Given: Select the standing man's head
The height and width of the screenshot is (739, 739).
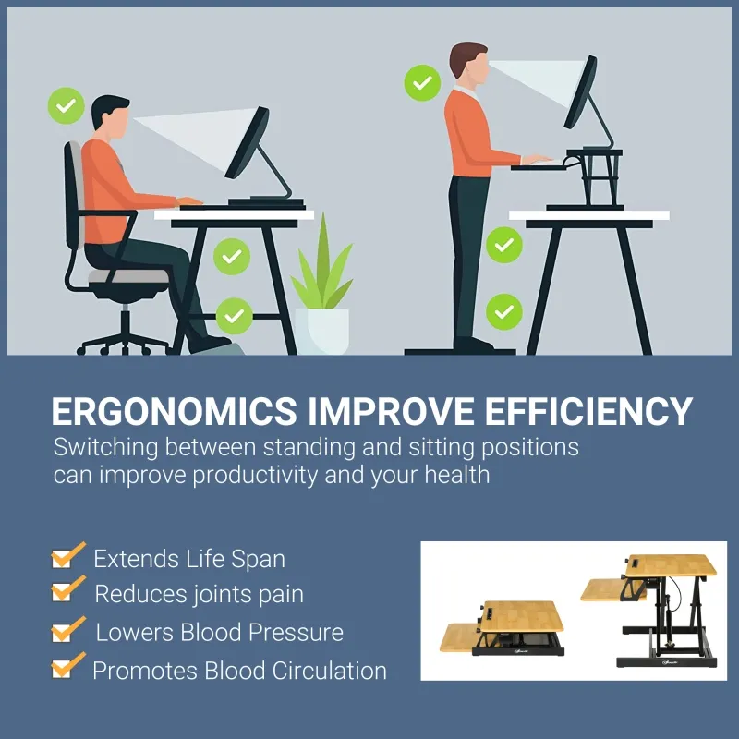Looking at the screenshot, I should click(x=468, y=65).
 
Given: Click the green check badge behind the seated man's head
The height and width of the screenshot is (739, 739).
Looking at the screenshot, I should click(x=66, y=106).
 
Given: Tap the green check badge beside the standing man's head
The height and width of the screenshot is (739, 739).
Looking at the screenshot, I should click(x=422, y=83).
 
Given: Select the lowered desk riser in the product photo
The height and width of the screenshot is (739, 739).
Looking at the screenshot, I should click(x=503, y=628).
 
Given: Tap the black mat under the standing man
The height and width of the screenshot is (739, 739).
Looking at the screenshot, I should click(x=459, y=351).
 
